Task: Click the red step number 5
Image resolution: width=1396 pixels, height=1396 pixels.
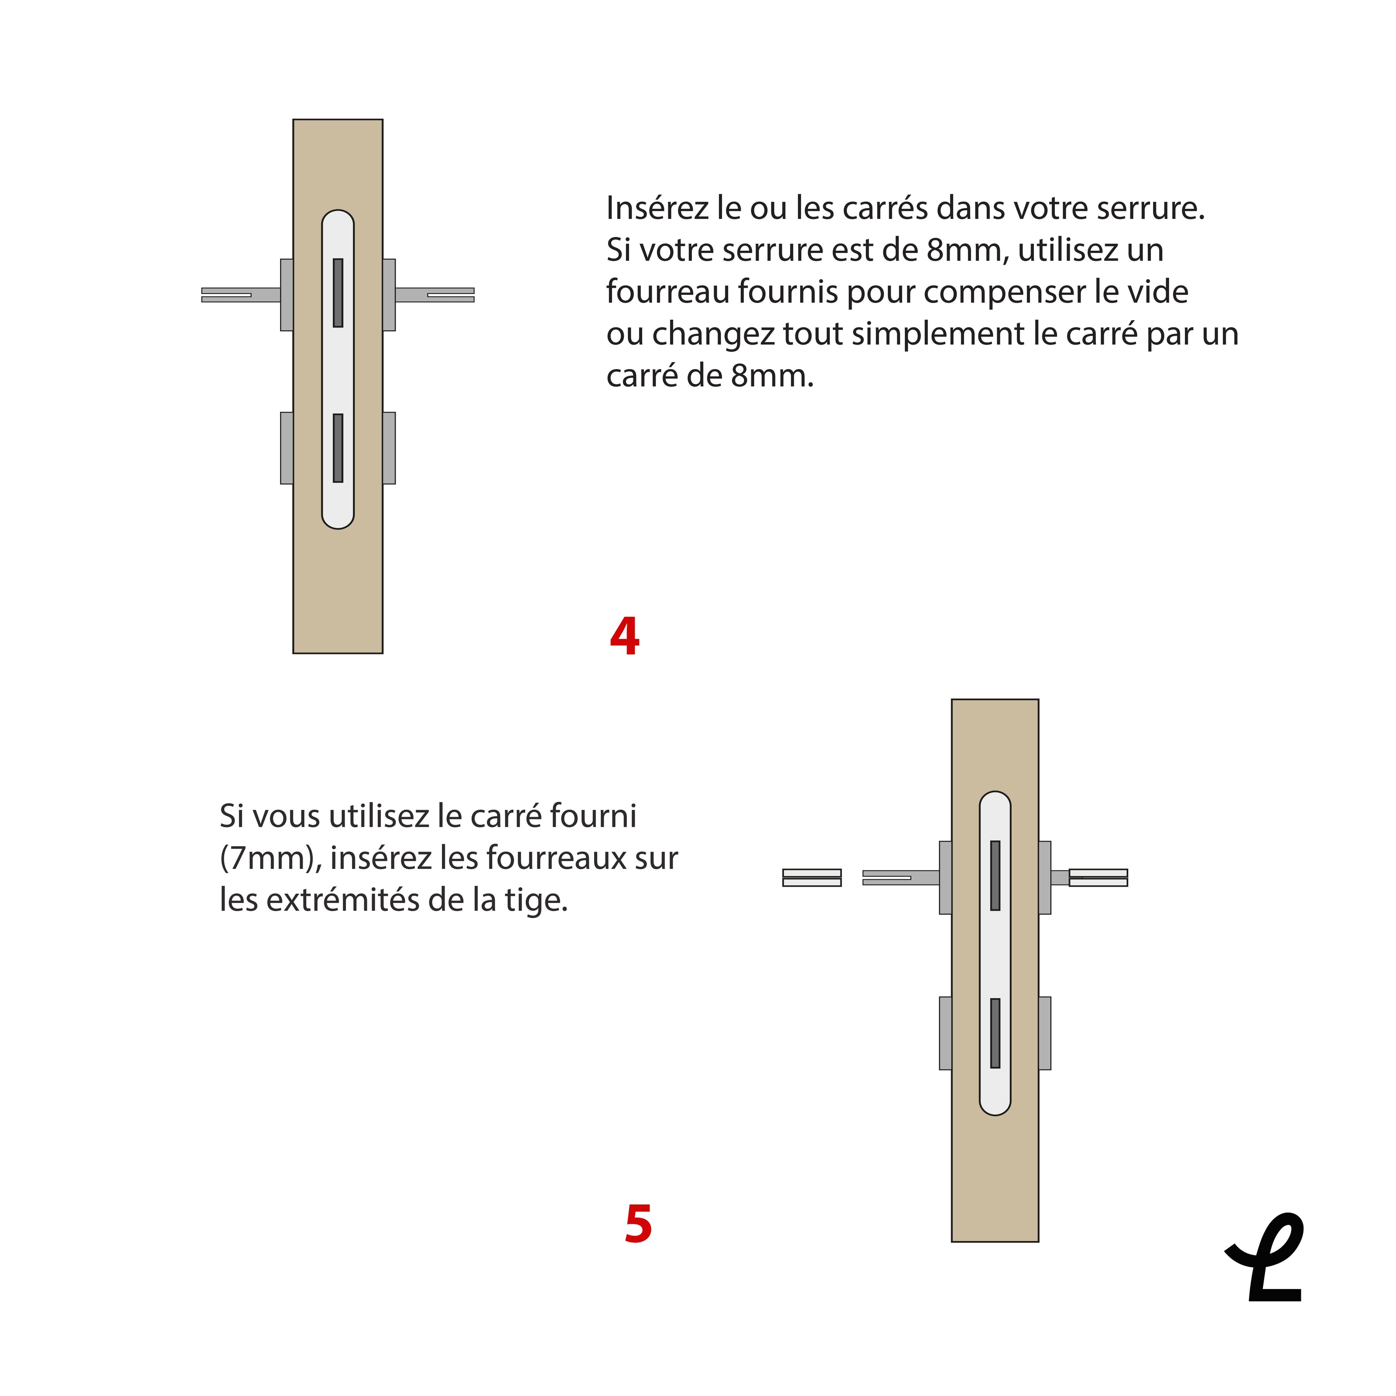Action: click(639, 1225)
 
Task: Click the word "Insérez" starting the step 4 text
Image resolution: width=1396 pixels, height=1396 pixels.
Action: click(657, 208)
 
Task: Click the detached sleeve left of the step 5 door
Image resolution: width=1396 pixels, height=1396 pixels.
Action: click(812, 878)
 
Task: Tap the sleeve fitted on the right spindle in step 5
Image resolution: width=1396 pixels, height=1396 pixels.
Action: click(1098, 878)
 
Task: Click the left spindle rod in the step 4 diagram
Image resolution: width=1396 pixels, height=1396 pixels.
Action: click(241, 295)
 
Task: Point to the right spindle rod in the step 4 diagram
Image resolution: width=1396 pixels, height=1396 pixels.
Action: click(435, 295)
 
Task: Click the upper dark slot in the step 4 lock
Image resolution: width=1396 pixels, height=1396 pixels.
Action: click(338, 293)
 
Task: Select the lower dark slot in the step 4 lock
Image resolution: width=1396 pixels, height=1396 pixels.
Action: click(338, 448)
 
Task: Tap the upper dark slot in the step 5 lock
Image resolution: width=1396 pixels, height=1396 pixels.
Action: click(995, 876)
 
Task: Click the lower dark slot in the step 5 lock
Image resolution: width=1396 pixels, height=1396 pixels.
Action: click(995, 1033)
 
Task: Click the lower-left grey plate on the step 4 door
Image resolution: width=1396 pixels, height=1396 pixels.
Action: click(287, 448)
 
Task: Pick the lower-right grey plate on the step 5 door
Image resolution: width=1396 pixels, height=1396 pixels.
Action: click(1045, 1033)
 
